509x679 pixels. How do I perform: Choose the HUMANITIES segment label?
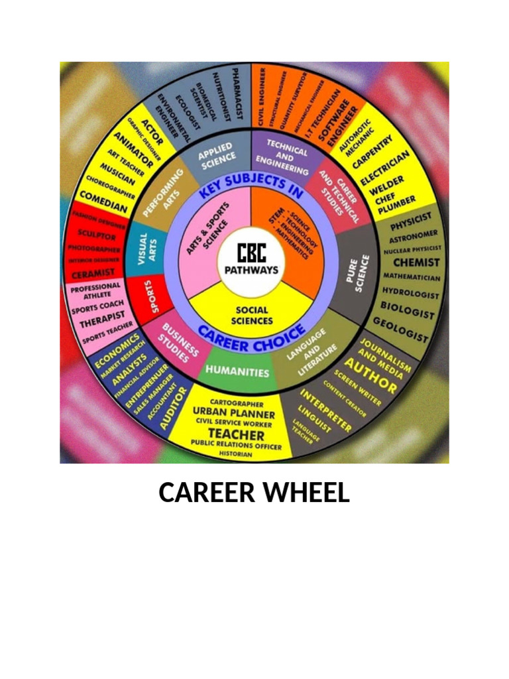(x=237, y=372)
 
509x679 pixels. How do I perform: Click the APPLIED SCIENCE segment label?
(x=216, y=153)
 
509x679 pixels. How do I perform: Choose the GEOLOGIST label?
(x=400, y=330)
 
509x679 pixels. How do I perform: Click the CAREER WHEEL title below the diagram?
(x=254, y=493)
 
